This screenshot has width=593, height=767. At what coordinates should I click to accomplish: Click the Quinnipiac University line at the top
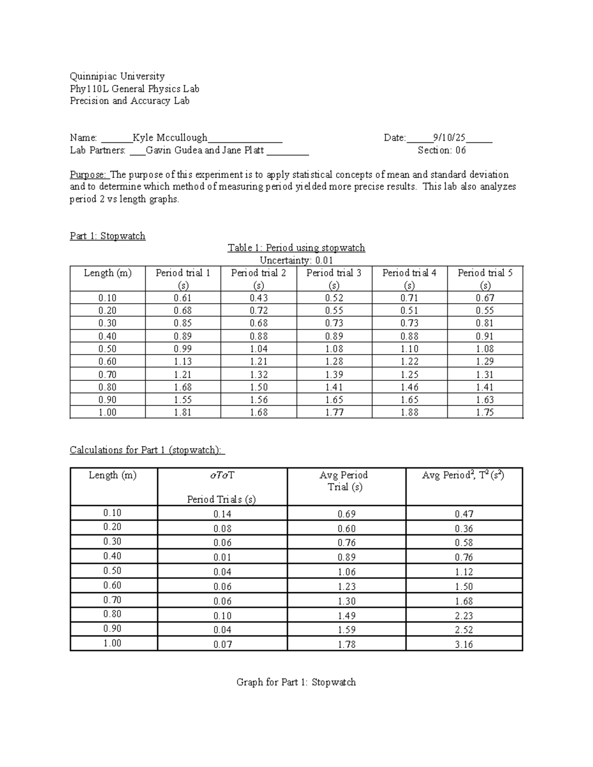(117, 76)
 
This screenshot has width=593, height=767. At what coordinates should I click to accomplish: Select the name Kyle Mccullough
(170, 138)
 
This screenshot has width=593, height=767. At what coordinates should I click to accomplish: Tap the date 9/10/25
(449, 138)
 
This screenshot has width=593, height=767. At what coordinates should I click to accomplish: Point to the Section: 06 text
(441, 150)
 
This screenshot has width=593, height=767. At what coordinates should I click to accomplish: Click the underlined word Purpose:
(87, 174)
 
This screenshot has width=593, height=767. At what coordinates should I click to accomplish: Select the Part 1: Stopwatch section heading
(108, 236)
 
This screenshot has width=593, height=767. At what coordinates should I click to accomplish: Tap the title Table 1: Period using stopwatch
(296, 248)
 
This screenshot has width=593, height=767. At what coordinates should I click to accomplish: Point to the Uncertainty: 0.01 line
(296, 260)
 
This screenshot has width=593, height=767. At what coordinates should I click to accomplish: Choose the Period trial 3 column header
(334, 279)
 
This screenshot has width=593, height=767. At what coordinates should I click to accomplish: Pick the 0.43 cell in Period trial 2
(258, 298)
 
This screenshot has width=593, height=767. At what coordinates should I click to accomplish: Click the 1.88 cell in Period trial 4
(410, 412)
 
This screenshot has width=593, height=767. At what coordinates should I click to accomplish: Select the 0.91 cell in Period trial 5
(485, 336)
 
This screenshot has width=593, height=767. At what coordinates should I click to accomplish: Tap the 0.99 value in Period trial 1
(183, 349)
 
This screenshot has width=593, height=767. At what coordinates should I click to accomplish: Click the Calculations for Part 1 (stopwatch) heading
(147, 450)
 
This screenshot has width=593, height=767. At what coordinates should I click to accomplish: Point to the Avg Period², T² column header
(463, 475)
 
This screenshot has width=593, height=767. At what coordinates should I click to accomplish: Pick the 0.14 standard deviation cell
(222, 514)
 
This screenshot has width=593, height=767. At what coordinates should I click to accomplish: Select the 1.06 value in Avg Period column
(346, 572)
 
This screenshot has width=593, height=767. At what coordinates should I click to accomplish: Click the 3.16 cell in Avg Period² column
(464, 644)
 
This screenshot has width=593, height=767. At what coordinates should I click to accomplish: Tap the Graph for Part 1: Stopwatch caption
(296, 682)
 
